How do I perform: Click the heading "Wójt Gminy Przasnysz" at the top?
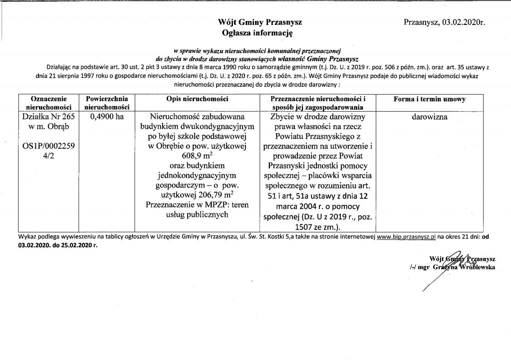point(259,23)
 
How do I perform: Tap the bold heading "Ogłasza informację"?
point(259,33)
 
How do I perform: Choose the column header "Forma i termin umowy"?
point(429,99)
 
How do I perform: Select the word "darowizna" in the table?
point(429,117)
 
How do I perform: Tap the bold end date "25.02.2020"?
point(73,245)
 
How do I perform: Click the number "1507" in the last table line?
point(306,227)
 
